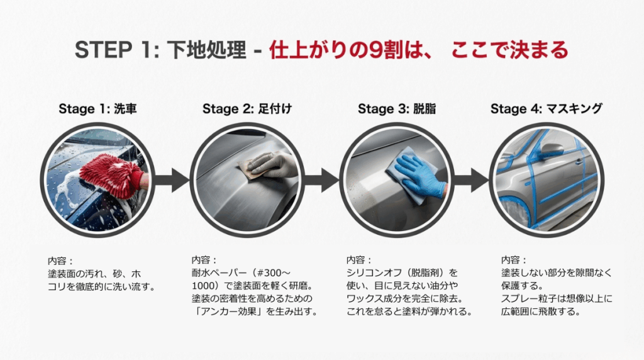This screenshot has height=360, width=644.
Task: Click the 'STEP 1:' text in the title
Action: click(x=113, y=50)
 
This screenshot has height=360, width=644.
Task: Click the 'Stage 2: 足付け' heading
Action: click(x=247, y=109)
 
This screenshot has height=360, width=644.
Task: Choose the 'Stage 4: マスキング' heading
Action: click(x=546, y=109)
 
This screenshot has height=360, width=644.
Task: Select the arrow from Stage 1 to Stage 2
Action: click(x=171, y=180)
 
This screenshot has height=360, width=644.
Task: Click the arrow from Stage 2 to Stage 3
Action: click(x=323, y=180)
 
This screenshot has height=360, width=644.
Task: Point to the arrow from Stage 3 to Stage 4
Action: click(x=472, y=180)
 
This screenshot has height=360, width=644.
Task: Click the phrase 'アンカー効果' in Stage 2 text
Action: click(x=226, y=311)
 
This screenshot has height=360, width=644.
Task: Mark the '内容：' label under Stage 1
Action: click(x=60, y=259)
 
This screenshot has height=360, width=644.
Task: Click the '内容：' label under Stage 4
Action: click(x=514, y=259)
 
